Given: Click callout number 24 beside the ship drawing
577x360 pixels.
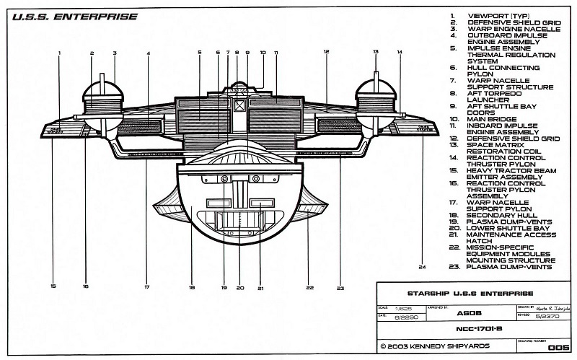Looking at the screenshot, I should pyautogui.click(x=422, y=268).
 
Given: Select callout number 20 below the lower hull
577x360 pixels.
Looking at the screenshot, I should pyautogui.click(x=240, y=287).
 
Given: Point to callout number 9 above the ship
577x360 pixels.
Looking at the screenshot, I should pyautogui.click(x=247, y=53).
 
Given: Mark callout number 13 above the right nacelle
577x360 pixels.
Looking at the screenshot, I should pyautogui.click(x=376, y=53).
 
